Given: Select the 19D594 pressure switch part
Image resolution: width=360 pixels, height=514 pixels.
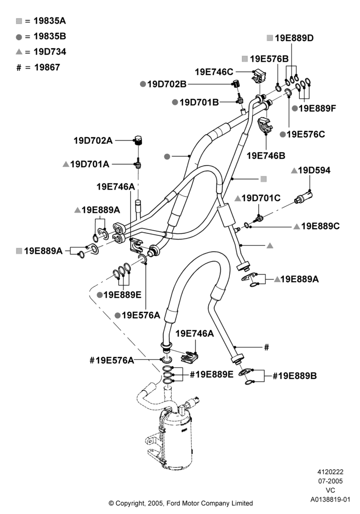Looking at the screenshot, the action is tap(304, 196).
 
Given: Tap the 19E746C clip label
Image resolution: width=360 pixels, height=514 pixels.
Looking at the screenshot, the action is tap(214, 72).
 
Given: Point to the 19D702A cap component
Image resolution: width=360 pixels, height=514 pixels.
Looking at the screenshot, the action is tap(138, 140).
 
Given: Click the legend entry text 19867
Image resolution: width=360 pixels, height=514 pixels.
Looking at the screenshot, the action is tap(47, 67).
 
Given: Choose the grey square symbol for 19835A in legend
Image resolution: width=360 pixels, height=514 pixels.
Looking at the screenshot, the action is tap(19, 21).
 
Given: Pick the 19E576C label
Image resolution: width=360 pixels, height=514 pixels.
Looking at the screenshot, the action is tap(305, 134).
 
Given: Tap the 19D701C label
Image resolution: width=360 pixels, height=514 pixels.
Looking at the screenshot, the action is tap(261, 198).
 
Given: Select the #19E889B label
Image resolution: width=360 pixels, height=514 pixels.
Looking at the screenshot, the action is tap(295, 376).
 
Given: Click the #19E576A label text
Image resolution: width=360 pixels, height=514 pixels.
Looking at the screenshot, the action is tap(112, 360).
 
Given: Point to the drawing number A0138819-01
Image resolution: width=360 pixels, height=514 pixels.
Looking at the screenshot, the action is tap(331, 500).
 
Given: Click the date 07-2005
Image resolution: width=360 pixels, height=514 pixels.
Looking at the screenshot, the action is tap(331, 481).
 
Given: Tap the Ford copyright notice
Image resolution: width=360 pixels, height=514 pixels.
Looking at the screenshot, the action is tap(181, 503).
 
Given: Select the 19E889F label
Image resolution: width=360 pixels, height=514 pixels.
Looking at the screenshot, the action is tap(317, 108).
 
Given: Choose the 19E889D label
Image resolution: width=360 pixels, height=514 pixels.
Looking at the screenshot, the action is tap(294, 38).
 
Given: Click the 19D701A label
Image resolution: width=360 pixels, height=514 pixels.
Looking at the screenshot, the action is tap(89, 164).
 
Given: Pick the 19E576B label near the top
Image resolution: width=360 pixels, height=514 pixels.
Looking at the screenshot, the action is tap(269, 59).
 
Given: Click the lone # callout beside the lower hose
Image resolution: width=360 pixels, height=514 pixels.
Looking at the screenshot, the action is tap(266, 347).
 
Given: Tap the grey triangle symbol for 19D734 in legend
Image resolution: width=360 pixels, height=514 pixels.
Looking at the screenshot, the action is tap(19, 51).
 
